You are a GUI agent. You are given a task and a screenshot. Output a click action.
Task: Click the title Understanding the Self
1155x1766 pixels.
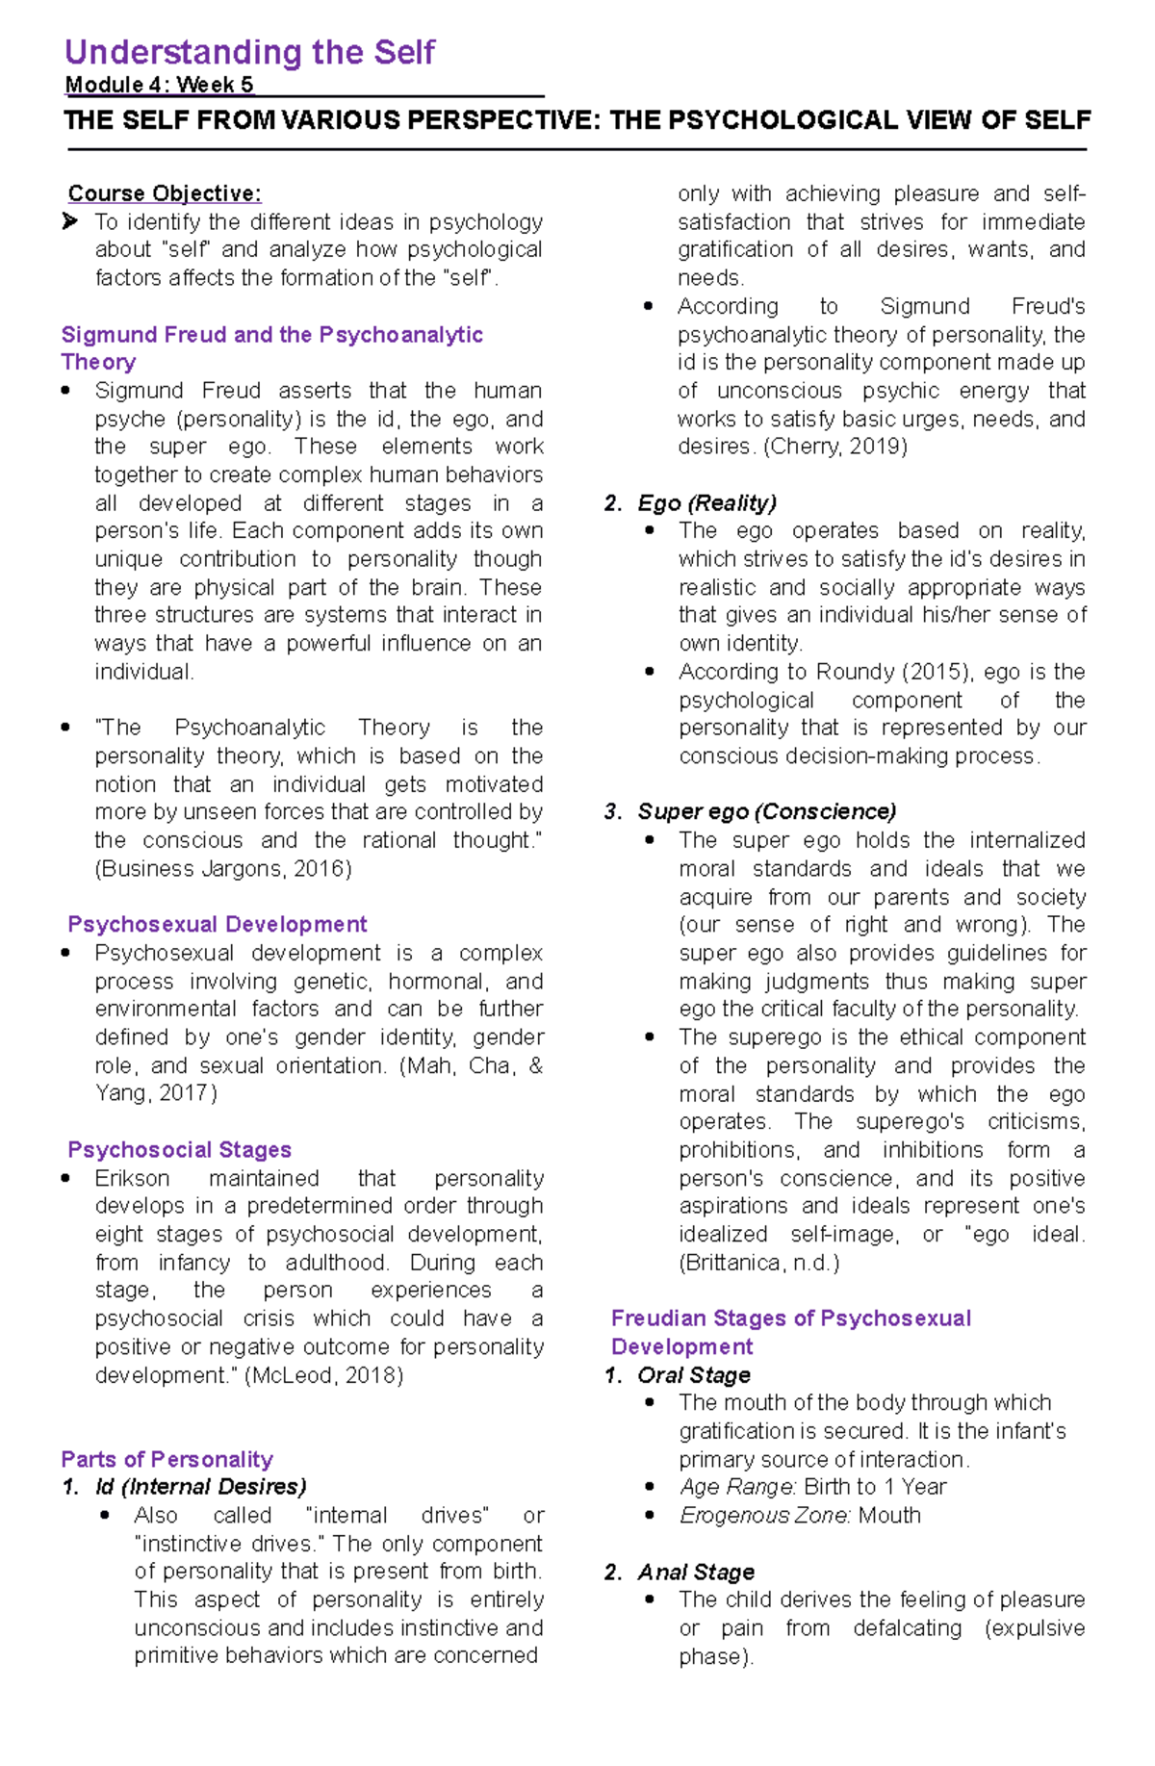[249, 52]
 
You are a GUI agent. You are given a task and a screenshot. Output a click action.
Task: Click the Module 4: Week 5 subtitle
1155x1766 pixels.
[159, 85]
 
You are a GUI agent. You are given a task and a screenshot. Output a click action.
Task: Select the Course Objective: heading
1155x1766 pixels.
[165, 193]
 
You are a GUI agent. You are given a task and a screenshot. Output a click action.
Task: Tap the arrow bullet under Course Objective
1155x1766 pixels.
[70, 222]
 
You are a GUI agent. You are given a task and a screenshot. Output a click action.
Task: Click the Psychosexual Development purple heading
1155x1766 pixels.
[217, 925]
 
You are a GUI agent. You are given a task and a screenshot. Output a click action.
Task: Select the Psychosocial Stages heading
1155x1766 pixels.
[179, 1150]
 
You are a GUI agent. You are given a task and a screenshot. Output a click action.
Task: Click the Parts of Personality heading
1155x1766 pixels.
[167, 1460]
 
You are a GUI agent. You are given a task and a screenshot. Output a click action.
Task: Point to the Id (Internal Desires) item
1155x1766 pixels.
[200, 1488]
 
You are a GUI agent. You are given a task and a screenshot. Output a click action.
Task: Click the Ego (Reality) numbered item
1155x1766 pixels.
[706, 503]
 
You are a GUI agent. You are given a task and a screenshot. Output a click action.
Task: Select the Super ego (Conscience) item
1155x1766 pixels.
[766, 812]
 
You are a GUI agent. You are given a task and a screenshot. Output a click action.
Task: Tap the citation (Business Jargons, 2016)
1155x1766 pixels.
[223, 869]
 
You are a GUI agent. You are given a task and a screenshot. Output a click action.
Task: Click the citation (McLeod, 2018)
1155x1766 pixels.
[324, 1375]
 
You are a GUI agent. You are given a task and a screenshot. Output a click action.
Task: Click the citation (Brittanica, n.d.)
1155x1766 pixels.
[759, 1263]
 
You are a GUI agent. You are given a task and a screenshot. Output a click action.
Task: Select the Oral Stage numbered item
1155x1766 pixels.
[693, 1375]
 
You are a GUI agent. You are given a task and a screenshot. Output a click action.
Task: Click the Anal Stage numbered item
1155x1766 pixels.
[695, 1573]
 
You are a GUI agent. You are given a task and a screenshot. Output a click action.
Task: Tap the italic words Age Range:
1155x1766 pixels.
[737, 1488]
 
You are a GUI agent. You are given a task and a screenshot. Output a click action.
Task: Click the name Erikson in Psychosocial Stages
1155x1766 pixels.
[132, 1179]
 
